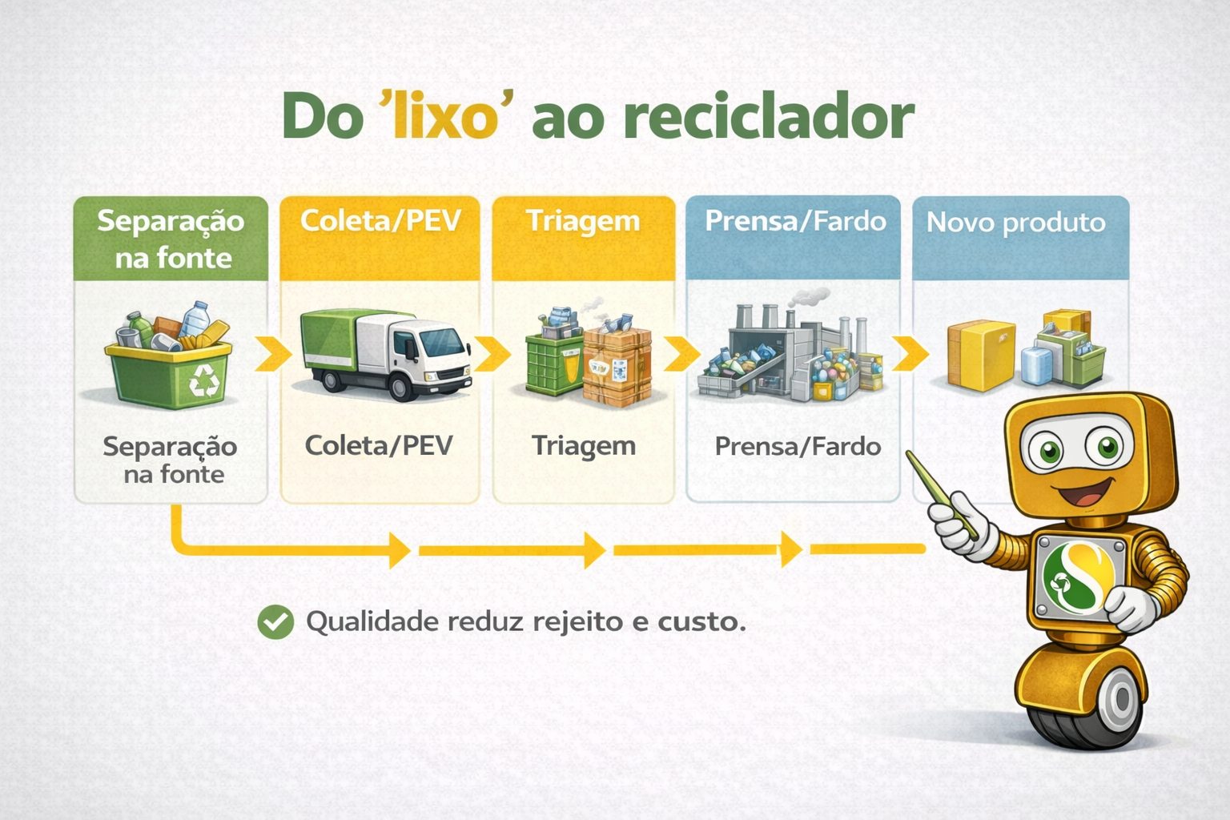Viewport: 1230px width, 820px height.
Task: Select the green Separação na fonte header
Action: [171, 239]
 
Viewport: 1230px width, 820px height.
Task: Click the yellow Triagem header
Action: [583, 237]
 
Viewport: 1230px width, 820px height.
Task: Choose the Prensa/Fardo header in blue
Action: [794, 237]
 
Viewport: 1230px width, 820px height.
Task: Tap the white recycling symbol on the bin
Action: [203, 380]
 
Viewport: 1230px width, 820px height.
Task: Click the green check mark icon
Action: [275, 621]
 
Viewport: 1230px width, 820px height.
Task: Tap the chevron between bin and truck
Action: [272, 354]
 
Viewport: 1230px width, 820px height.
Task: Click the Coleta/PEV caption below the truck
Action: [379, 445]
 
